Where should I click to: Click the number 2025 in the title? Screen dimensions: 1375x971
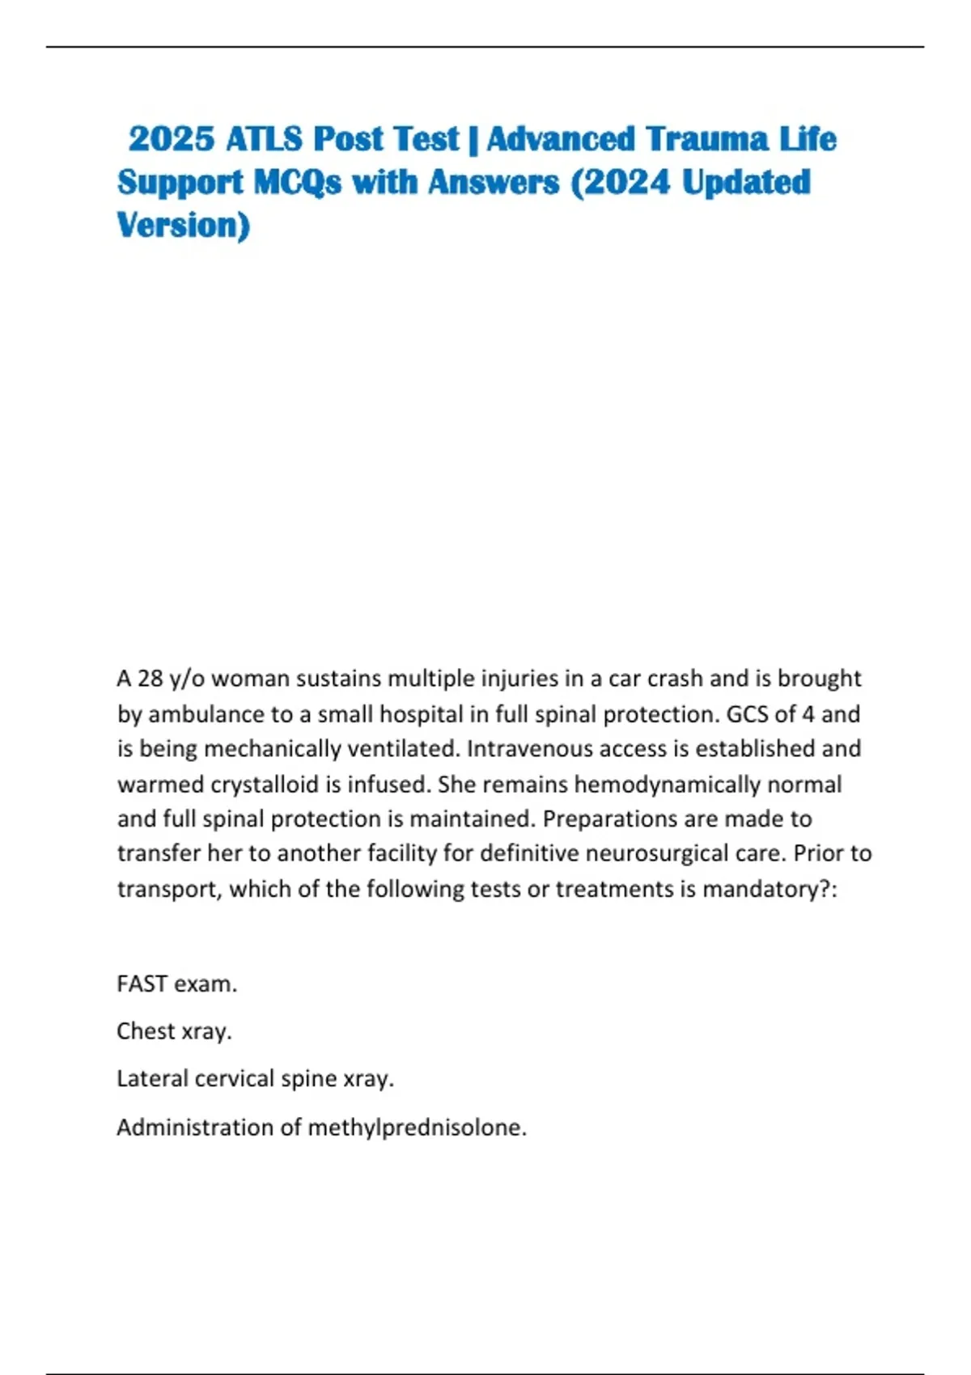click(171, 139)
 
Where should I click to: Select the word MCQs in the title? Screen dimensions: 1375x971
click(298, 183)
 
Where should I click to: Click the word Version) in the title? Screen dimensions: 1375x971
click(184, 226)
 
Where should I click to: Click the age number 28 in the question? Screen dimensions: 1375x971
click(151, 678)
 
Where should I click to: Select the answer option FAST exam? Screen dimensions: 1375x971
click(176, 984)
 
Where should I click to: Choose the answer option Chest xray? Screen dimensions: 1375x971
click(174, 1031)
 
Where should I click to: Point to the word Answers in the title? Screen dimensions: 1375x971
click(494, 183)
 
